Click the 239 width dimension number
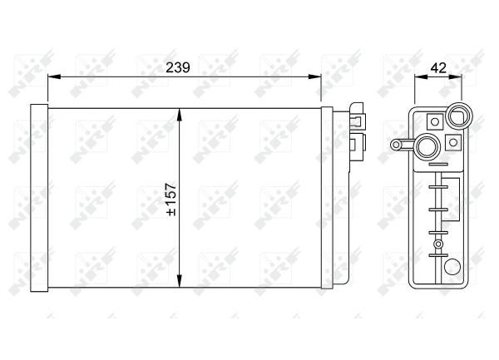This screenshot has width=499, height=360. (178, 67)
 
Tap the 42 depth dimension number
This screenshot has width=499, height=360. (438, 67)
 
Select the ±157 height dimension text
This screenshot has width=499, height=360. (171, 199)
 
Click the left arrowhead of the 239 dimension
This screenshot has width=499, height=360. (54, 76)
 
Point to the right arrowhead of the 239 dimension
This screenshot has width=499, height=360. (314, 76)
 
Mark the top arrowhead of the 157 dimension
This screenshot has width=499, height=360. (180, 115)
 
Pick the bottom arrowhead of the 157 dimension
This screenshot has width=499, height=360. (180, 281)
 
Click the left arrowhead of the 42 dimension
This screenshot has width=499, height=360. (421, 76)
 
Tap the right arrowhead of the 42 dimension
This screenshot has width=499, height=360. (455, 76)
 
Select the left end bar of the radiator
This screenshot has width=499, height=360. (39, 198)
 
